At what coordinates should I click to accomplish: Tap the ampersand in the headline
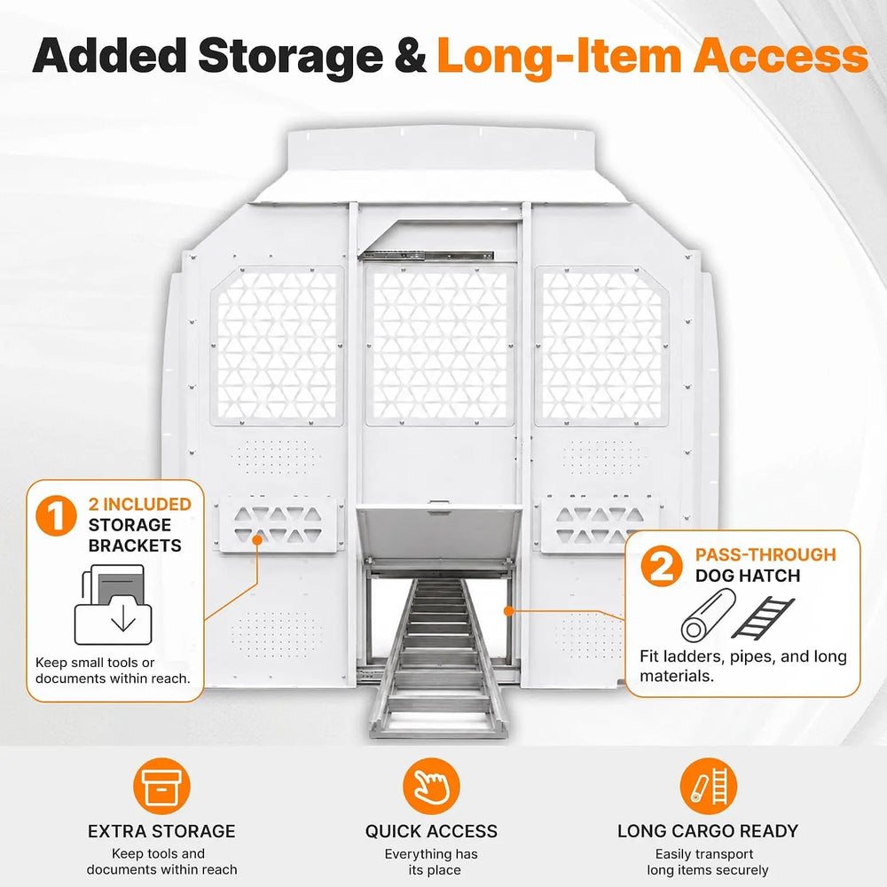tap(411, 56)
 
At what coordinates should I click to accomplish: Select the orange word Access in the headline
tap(781, 56)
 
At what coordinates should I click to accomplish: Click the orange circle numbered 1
tap(56, 515)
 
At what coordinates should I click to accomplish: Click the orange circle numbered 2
tap(662, 566)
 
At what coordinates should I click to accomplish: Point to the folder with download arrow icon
tap(114, 604)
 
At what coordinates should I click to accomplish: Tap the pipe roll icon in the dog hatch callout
tap(708, 615)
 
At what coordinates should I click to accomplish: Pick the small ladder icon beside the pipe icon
tap(763, 617)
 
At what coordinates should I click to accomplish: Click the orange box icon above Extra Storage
tap(161, 786)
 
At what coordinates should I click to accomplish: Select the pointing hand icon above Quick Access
tap(431, 786)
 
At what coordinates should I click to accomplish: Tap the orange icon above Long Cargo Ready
tap(708, 786)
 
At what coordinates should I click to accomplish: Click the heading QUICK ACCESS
tap(431, 831)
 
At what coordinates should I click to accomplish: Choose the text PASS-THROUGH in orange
tap(765, 554)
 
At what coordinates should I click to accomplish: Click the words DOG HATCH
tap(748, 576)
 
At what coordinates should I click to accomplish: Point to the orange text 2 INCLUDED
tap(140, 504)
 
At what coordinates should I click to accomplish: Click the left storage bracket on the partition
tap(280, 524)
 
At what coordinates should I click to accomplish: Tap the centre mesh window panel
tap(440, 345)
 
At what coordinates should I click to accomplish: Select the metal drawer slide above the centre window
tap(427, 255)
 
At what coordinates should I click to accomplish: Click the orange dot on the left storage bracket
tap(257, 539)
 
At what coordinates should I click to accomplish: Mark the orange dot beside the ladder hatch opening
tap(508, 611)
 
